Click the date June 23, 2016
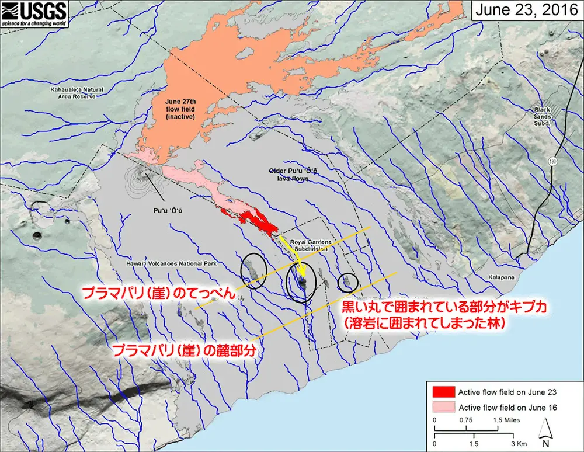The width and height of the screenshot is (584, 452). (525, 10)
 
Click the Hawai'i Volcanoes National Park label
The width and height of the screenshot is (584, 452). (171, 264)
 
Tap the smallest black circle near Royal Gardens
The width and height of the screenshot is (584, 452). (349, 281)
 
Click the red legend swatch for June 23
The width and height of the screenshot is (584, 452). (443, 391)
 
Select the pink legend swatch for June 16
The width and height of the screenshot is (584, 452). (443, 407)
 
